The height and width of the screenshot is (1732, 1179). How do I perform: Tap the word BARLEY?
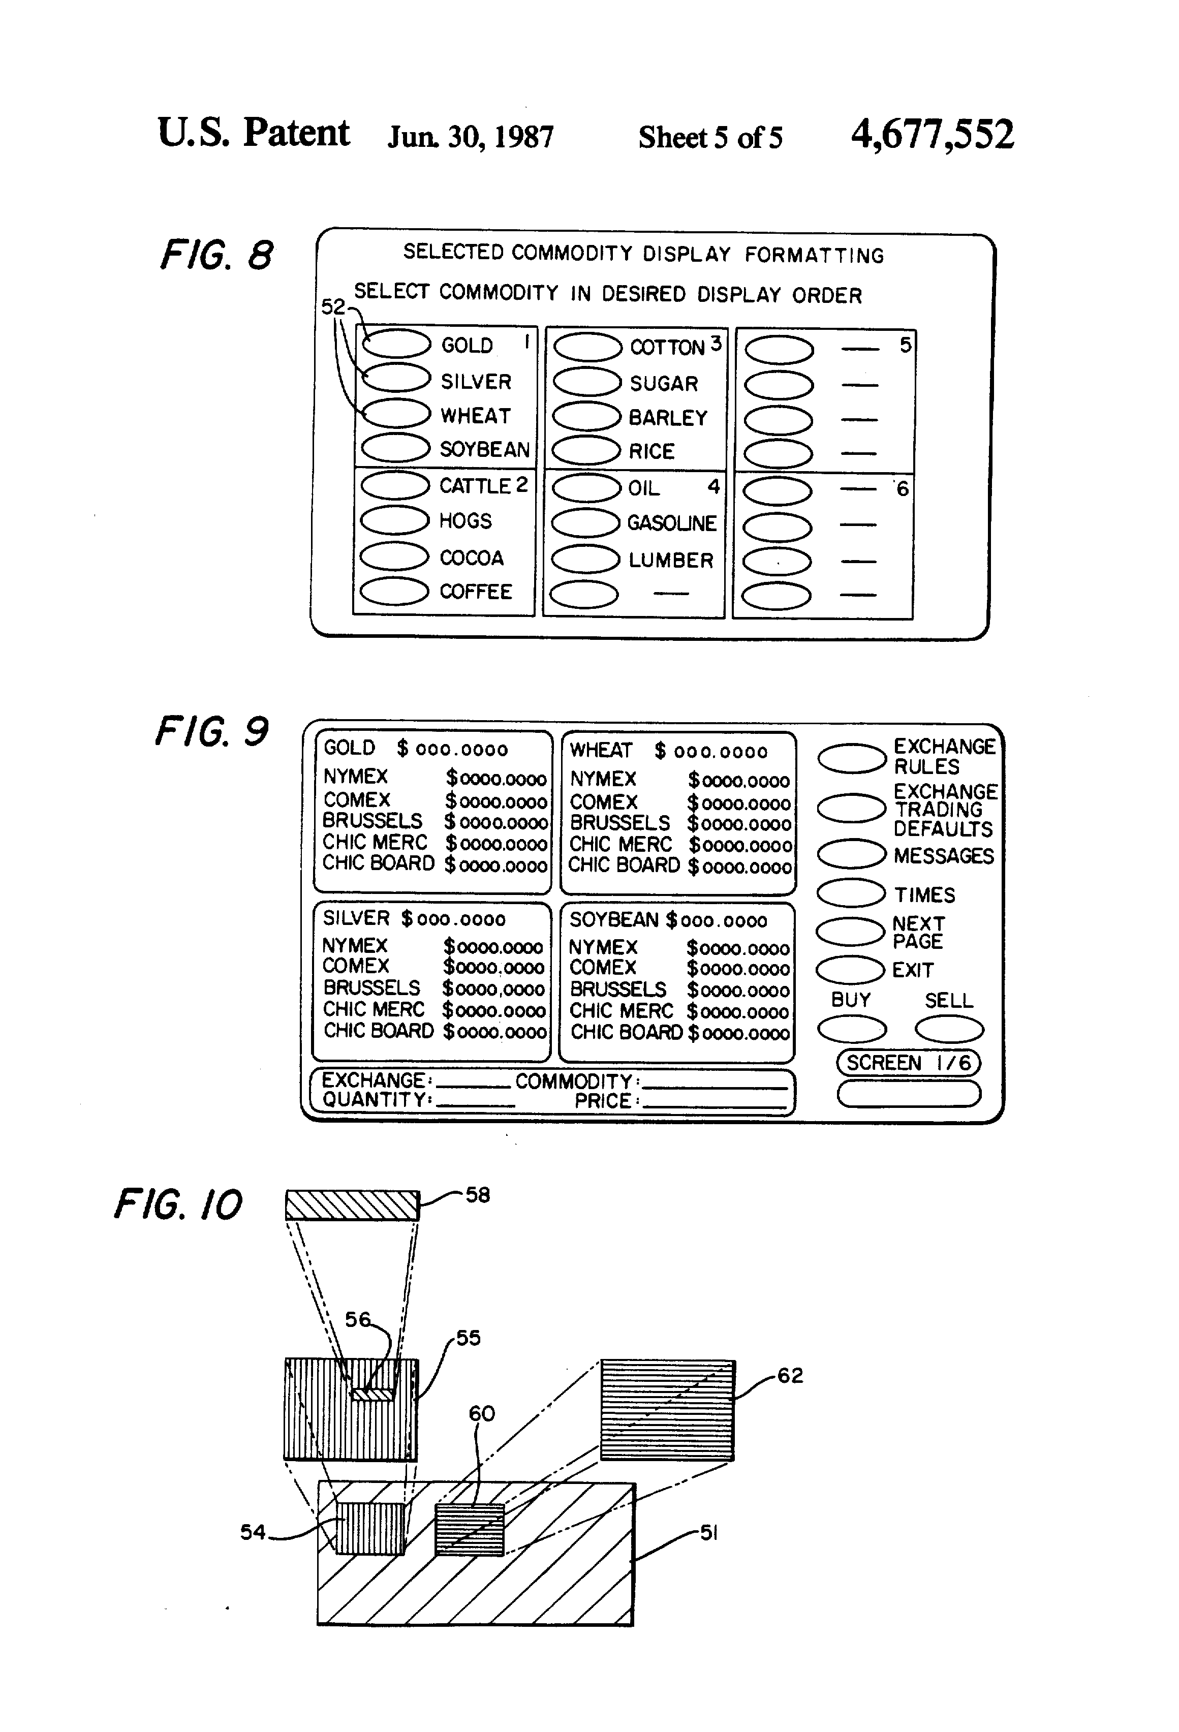coord(668,418)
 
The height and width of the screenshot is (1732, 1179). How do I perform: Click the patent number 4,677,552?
coord(933,135)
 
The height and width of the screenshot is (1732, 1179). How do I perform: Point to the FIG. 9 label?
coord(211,731)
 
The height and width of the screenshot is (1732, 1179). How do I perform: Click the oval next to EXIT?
coord(850,970)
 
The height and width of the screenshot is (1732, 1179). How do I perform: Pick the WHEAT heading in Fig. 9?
coord(601,751)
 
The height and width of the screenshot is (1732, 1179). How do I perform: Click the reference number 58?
coord(478,1195)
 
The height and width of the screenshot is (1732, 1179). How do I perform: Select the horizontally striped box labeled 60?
coord(470,1529)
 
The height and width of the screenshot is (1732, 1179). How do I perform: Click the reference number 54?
coord(253,1532)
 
